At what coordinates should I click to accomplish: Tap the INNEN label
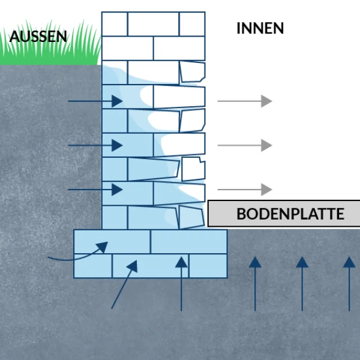point(260,28)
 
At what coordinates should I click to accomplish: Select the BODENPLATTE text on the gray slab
point(290,214)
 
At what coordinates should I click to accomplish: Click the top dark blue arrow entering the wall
point(96,101)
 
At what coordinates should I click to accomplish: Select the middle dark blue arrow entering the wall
point(96,145)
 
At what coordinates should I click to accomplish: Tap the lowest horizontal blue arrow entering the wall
point(96,190)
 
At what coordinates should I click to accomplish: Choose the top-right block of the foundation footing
point(188,242)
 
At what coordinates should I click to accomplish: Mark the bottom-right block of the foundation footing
point(208,266)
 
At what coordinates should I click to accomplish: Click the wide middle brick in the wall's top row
point(153,24)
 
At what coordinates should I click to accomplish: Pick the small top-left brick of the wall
point(114,24)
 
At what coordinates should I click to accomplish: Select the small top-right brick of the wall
point(192,24)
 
